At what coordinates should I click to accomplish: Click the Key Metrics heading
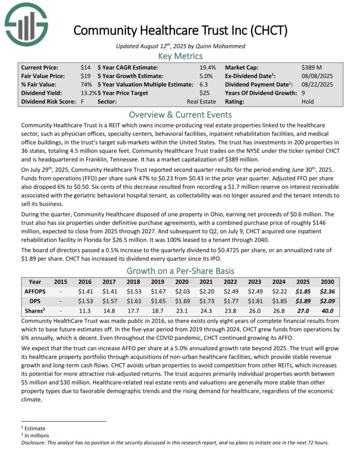[x=180, y=56]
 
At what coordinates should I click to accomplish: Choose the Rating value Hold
[x=307, y=102]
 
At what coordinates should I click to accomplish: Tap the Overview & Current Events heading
[x=180, y=114]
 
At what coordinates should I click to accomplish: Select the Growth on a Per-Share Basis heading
[x=180, y=271]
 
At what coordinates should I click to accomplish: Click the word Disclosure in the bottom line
[x=33, y=442]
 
